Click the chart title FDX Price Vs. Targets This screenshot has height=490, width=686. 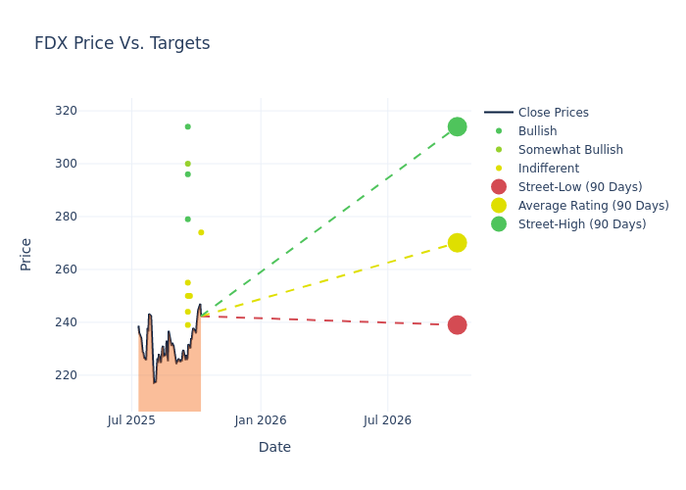pyautogui.click(x=122, y=43)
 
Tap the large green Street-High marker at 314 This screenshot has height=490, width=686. pyautogui.click(x=457, y=126)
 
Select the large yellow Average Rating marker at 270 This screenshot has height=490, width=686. pyautogui.click(x=457, y=243)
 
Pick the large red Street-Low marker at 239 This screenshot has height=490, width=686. pyautogui.click(x=457, y=324)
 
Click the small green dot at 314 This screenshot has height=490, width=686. pyautogui.click(x=187, y=126)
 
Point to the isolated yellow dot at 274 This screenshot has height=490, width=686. pyautogui.click(x=201, y=232)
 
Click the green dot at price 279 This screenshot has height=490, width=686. pyautogui.click(x=187, y=219)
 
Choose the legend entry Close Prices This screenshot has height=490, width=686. pyautogui.click(x=553, y=113)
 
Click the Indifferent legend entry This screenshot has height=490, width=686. pyautogui.click(x=549, y=169)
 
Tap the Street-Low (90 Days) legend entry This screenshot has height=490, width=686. pyautogui.click(x=580, y=187)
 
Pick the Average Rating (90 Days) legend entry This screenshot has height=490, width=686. pyautogui.click(x=593, y=206)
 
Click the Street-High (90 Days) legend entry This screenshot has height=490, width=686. pyautogui.click(x=582, y=224)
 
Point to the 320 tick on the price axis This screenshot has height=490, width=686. pyautogui.click(x=94, y=110)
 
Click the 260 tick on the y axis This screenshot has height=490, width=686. pyautogui.click(x=94, y=269)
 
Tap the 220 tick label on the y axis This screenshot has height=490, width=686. pyautogui.click(x=94, y=374)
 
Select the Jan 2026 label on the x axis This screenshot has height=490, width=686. pyautogui.click(x=261, y=420)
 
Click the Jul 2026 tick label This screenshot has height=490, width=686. pyautogui.click(x=387, y=420)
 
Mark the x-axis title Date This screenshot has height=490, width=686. pyautogui.click(x=274, y=447)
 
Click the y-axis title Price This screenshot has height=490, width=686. pyautogui.click(x=26, y=254)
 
